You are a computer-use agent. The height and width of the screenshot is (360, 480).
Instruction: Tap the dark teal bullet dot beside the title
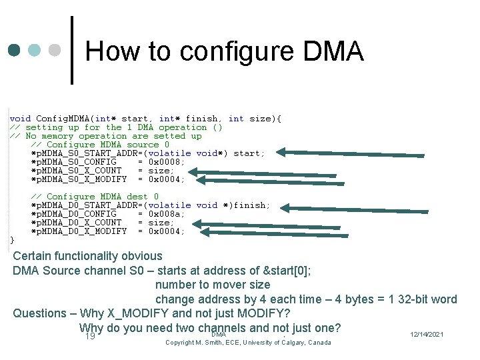coord(14,51)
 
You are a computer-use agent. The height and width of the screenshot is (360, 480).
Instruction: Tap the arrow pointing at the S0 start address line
coord(350,154)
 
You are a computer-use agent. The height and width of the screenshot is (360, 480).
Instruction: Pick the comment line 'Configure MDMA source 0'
coord(100,145)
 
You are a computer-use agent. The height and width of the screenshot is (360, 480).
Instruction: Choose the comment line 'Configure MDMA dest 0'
coord(95,197)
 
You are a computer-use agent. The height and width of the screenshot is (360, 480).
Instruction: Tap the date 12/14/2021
coord(427,334)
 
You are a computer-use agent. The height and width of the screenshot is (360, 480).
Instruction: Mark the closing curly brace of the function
coord(11,240)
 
